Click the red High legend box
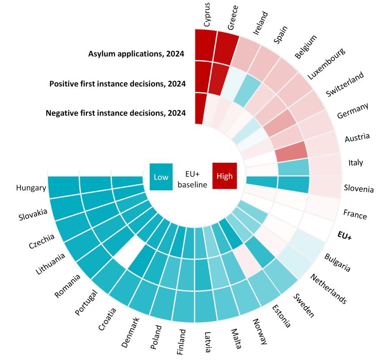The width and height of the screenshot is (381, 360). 225,176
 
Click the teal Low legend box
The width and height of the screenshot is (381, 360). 161,177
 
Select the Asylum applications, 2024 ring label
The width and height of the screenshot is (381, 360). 137,54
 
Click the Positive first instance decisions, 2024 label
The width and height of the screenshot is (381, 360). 117,84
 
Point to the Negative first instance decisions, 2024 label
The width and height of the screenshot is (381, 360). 116,113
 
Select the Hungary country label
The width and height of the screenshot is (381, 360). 30,187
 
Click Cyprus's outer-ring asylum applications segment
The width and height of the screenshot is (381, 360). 205,45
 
